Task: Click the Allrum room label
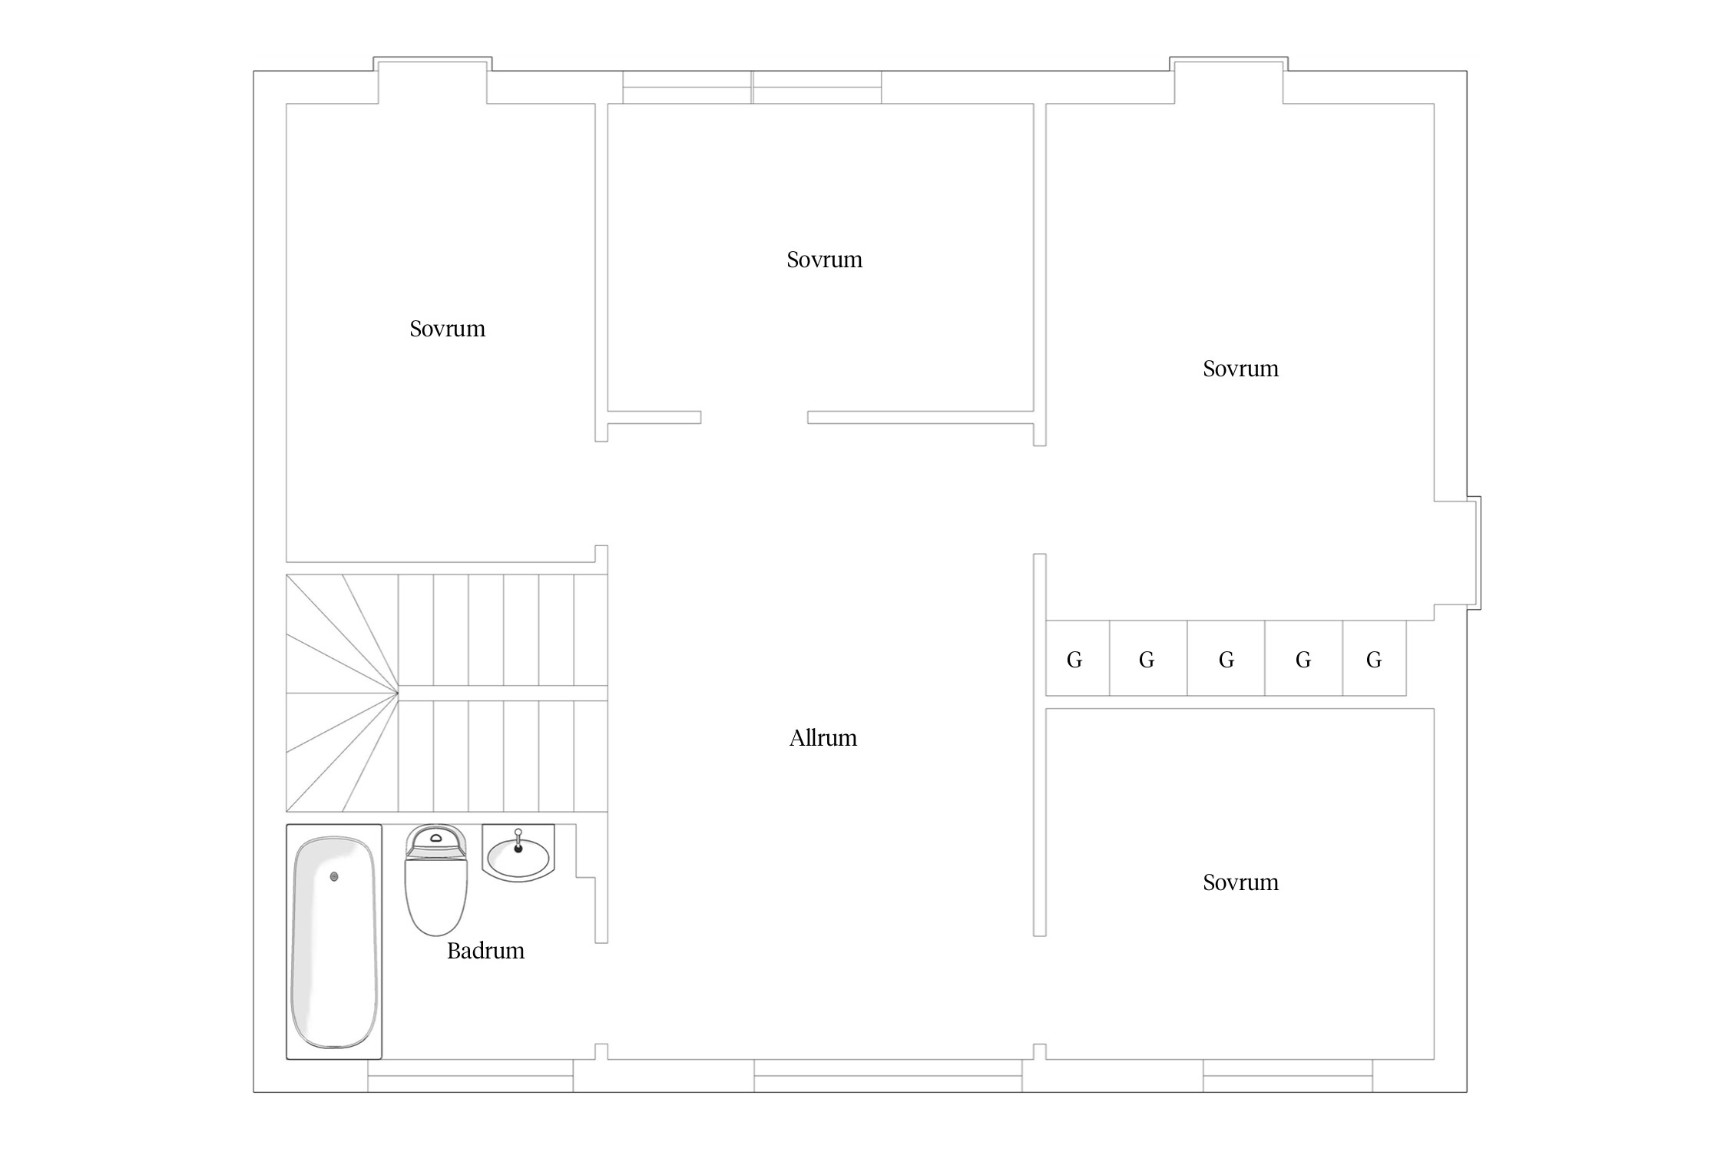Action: pyautogui.click(x=823, y=738)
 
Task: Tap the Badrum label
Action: pyautogui.click(x=485, y=951)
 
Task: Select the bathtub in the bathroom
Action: pyautogui.click(x=334, y=942)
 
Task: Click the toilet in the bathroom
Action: pyautogui.click(x=435, y=880)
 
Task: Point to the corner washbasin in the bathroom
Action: pyautogui.click(x=518, y=852)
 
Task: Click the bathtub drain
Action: pyautogui.click(x=334, y=876)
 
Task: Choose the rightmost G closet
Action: pyautogui.click(x=1374, y=658)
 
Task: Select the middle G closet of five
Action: pyautogui.click(x=1226, y=658)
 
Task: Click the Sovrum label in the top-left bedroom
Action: pyautogui.click(x=447, y=329)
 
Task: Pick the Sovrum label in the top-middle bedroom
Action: pyautogui.click(x=824, y=260)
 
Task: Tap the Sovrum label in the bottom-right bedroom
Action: pyautogui.click(x=1240, y=882)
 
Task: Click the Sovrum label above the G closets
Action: pyautogui.click(x=1240, y=369)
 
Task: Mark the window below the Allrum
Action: pyautogui.click(x=888, y=1075)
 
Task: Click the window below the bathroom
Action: pyautogui.click(x=470, y=1075)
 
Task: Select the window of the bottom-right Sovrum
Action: pyautogui.click(x=1288, y=1075)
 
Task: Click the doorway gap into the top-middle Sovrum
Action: pyautogui.click(x=754, y=417)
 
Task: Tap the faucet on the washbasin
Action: pyautogui.click(x=518, y=840)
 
